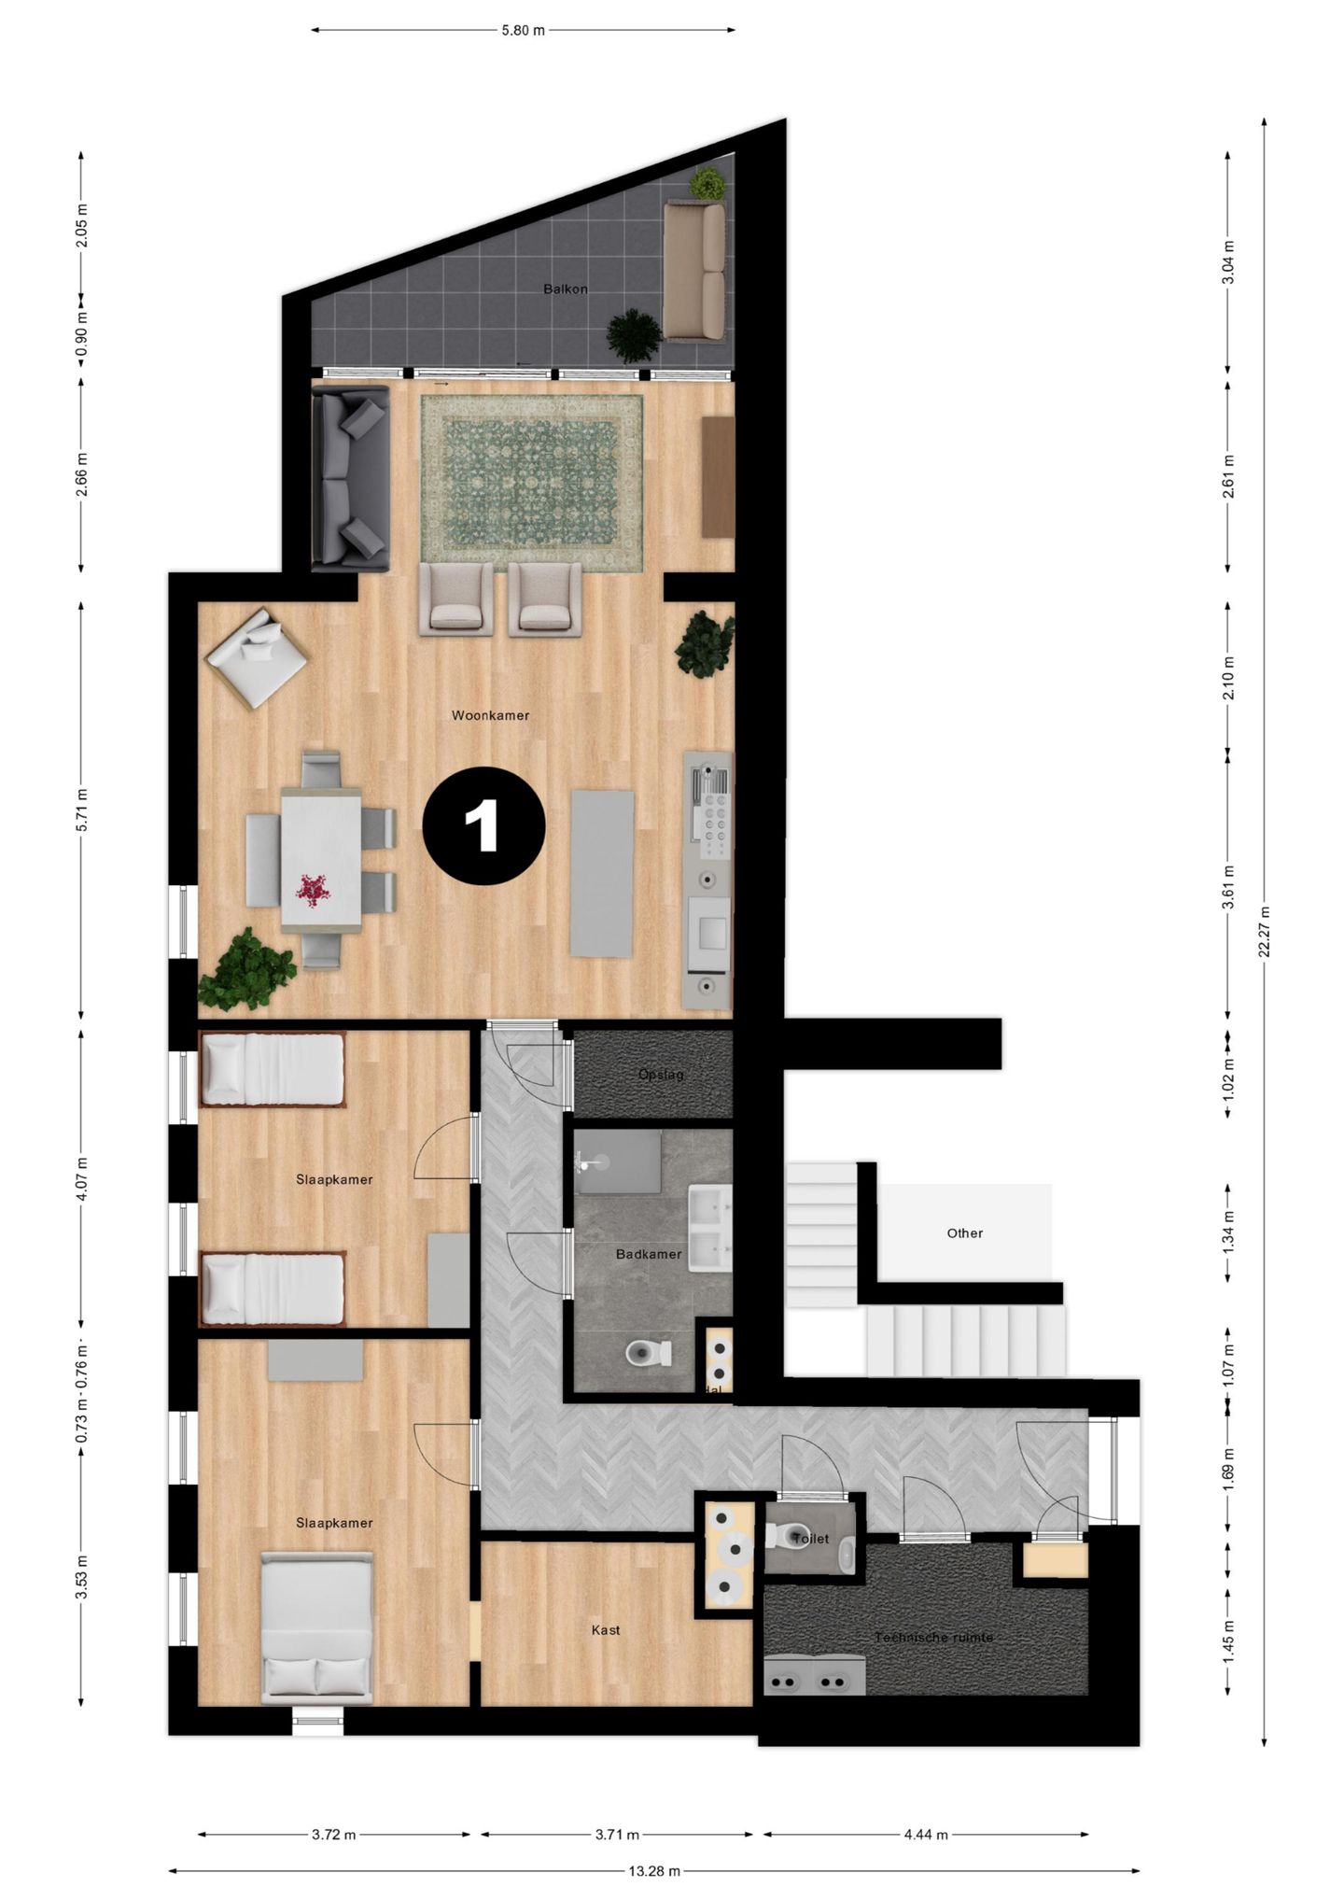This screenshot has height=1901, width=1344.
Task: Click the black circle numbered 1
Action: (x=483, y=825)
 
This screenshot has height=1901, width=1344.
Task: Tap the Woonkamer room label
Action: (x=490, y=716)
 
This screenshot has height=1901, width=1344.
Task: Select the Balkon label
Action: (x=566, y=289)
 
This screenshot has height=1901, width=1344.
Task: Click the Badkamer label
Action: (x=648, y=1254)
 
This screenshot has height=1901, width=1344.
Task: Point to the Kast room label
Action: (x=606, y=1630)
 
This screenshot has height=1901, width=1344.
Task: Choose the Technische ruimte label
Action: (x=933, y=1638)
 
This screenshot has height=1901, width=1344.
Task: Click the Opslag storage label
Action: (x=661, y=1075)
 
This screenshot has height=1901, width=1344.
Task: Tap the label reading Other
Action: (x=964, y=1233)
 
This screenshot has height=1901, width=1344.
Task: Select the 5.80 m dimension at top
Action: (x=523, y=30)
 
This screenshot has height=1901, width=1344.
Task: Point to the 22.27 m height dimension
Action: (x=1265, y=931)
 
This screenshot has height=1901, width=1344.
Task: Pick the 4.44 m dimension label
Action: (x=926, y=1835)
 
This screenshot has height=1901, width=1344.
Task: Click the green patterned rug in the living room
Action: (x=531, y=483)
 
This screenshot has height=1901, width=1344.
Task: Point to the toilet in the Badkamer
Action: (x=649, y=1353)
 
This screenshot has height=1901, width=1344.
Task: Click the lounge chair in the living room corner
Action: (x=256, y=656)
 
